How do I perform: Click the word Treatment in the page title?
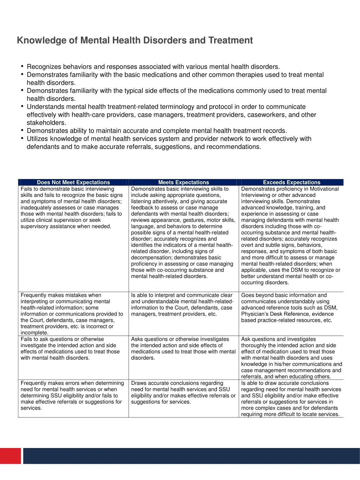coord(230,40)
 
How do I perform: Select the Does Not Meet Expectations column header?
coord(73,182)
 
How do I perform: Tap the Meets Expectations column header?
coord(184,182)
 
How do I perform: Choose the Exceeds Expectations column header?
coord(291,182)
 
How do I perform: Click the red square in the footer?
coord(10,456)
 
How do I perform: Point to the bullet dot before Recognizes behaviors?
coord(22,66)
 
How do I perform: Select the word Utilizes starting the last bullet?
coord(39,139)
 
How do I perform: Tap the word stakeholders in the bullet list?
coord(46,123)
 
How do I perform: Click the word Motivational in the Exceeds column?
coord(324,189)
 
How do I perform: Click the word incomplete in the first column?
coord(34,333)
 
